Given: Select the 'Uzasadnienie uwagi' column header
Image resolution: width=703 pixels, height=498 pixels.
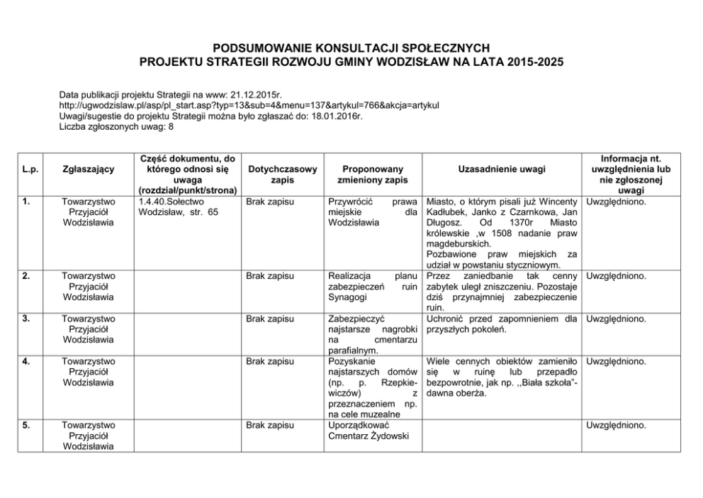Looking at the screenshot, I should [x=502, y=170].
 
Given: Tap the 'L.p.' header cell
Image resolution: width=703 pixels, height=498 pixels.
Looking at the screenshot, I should [x=30, y=170].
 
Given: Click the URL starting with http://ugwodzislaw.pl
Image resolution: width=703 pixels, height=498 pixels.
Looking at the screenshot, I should [x=249, y=105].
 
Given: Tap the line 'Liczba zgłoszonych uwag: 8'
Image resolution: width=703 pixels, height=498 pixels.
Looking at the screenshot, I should [x=116, y=128].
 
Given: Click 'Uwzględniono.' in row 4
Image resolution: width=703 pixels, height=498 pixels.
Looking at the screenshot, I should [x=617, y=362].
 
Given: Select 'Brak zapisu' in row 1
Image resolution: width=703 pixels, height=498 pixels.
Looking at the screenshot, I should [x=270, y=201].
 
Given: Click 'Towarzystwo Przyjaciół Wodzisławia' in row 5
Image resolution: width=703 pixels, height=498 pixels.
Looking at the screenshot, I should [x=89, y=436].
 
